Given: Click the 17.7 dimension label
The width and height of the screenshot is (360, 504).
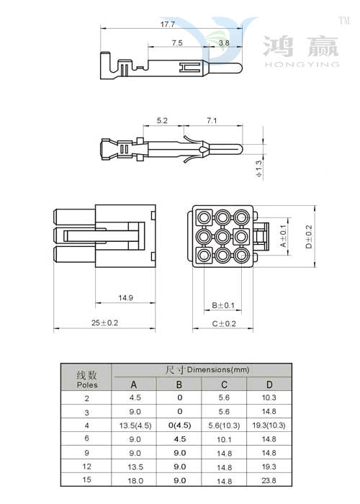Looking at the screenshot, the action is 168,24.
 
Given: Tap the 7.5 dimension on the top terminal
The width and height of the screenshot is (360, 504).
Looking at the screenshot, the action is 177,42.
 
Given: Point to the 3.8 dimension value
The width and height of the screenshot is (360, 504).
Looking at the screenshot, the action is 224,42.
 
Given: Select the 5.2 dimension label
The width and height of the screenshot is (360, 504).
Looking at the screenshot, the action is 162,120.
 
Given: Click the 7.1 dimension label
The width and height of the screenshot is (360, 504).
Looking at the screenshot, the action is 212,120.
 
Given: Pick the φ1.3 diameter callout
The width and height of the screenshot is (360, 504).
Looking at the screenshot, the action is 259,168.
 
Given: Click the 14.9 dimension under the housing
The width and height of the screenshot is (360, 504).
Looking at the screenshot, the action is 125,297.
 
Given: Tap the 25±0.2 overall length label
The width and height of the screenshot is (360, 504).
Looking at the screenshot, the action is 104,323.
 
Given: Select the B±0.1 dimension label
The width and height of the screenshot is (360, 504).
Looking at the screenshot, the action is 223,305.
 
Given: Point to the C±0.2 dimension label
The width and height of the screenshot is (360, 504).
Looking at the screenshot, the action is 224,324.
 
